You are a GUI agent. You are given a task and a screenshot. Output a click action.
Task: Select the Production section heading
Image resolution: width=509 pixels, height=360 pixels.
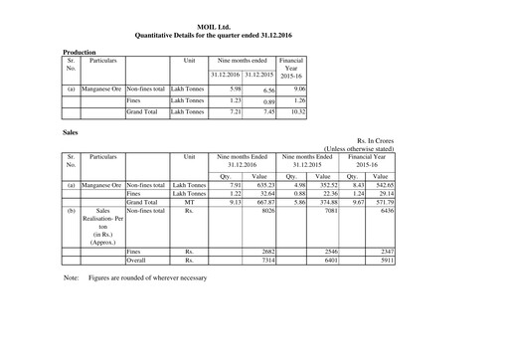[x=80, y=51]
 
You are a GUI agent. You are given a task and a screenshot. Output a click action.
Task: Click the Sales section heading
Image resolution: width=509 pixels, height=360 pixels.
[x=72, y=130]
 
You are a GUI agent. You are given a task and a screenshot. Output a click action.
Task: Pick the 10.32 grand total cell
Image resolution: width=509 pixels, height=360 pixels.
[x=292, y=112]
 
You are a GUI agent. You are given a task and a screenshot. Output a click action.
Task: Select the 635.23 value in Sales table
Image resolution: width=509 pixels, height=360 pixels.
[x=258, y=185]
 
